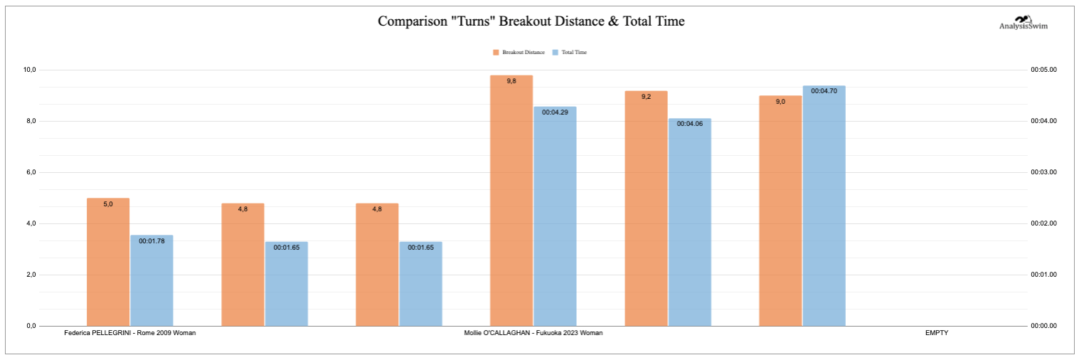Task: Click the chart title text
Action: [531, 21]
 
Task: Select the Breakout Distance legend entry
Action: [519, 52]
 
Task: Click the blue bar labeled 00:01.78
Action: [152, 280]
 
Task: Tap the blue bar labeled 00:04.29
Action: [555, 216]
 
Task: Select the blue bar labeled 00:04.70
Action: [824, 206]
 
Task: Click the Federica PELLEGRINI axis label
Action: [129, 333]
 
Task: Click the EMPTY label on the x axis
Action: [937, 333]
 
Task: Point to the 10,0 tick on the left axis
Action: [30, 70]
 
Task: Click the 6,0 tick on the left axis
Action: [31, 172]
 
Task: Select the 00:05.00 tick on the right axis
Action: [1043, 70]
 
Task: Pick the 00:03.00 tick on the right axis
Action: [1043, 172]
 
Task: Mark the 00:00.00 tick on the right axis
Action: [1043, 326]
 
